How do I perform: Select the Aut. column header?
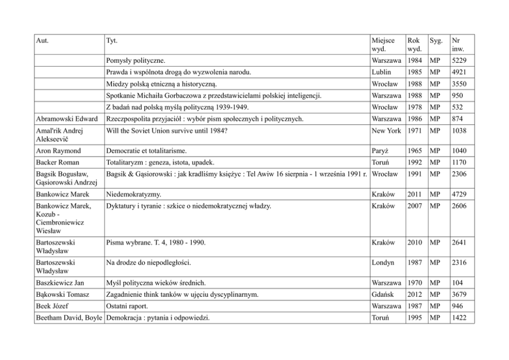point(44,40)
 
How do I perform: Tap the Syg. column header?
point(436,40)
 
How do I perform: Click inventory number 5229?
point(459,61)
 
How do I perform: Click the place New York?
point(386,130)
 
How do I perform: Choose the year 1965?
point(415,151)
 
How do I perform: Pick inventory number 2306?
point(459,174)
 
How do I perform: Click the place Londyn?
point(383,262)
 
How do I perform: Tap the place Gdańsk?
point(383,294)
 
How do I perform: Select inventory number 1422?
point(459,317)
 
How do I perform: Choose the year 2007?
point(415,206)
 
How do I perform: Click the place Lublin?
point(382,72)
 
